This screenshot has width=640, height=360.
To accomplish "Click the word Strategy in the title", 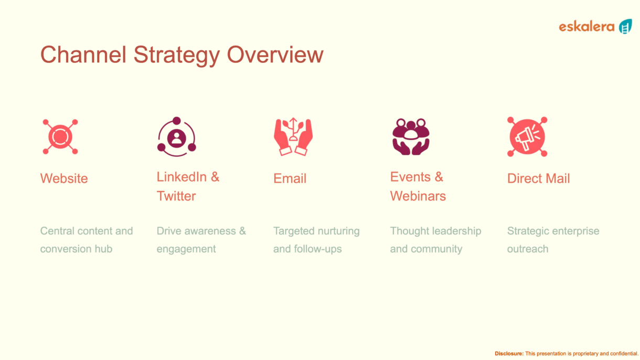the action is coord(177,56).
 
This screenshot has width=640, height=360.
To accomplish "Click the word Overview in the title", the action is coord(275,55).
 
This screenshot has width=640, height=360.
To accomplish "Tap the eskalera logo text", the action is coord(586,27).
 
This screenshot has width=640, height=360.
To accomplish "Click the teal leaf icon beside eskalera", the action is coord(625,27).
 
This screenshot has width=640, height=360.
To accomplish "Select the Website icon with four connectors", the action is coord(60,137).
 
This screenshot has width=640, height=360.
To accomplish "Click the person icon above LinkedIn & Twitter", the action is coord(177,136).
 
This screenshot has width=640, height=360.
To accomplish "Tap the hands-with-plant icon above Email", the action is coord(293,136).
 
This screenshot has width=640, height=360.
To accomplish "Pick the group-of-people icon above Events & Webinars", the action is coord(411,136).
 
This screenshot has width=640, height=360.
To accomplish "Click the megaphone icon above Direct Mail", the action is coord(527,136).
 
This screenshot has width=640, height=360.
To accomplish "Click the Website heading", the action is coord(64,178).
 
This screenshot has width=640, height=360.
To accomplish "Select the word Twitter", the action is coord(176,196).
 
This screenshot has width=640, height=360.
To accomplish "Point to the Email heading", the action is coord(290,178).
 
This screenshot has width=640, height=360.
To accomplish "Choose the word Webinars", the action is coord(418,196).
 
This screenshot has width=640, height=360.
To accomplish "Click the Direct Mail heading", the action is coord(539,178).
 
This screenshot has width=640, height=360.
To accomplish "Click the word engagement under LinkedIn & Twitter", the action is coord(186,249).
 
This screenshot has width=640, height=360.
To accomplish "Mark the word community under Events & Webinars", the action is coord(436,249).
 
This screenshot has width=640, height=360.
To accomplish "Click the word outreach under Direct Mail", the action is coord(528,249).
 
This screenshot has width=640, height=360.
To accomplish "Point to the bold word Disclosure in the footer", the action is coord(509,353).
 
